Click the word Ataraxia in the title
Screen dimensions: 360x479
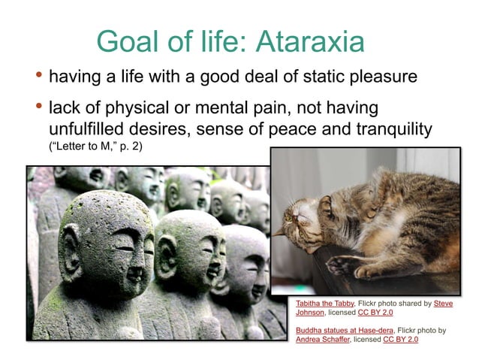[309, 41]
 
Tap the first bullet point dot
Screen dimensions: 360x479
[38, 75]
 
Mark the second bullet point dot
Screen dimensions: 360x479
[38, 106]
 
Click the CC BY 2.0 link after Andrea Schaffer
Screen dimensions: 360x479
[400, 339]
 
